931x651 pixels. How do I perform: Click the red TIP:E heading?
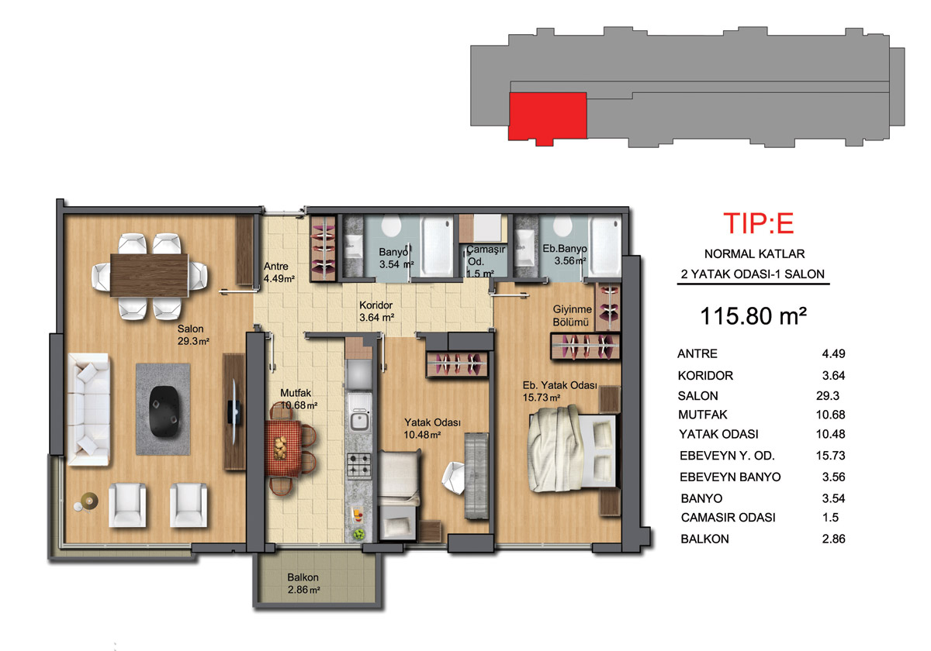click(x=759, y=223)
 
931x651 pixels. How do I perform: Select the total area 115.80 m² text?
click(x=753, y=316)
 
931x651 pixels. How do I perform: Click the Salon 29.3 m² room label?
click(x=193, y=335)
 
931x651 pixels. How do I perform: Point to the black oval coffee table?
click(x=164, y=411)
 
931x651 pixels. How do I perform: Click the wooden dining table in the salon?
click(x=149, y=275)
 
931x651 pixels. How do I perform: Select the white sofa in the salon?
click(x=89, y=409)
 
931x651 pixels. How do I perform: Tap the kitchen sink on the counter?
click(x=358, y=421)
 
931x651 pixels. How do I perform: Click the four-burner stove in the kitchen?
click(x=358, y=465)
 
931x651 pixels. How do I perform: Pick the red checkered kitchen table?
click(x=283, y=448)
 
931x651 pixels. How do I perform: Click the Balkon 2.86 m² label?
click(x=303, y=584)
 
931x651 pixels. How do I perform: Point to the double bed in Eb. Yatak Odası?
click(x=573, y=449)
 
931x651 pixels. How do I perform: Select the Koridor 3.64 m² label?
click(x=376, y=312)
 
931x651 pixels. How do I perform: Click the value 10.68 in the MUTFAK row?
click(x=830, y=415)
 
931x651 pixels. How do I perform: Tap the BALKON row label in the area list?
click(x=704, y=539)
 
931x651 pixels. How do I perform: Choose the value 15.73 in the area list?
click(x=830, y=456)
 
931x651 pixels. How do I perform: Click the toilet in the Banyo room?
click(x=391, y=226)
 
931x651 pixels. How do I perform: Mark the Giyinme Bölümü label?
click(x=572, y=315)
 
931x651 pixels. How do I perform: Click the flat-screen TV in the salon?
click(x=234, y=412)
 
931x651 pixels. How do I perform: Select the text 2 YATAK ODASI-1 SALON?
click(x=753, y=274)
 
